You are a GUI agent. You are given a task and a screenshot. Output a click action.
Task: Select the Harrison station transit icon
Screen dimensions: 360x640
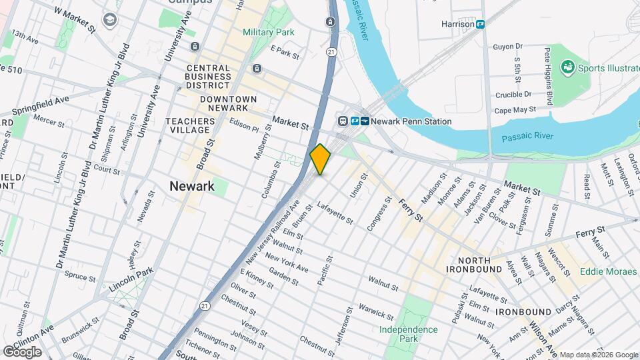point(480,24)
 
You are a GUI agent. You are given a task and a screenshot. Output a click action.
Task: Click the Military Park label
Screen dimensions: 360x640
point(268,32)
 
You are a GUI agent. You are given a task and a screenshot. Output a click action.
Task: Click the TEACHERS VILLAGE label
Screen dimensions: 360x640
point(191,125)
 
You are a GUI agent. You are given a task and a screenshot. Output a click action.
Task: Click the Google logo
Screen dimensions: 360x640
point(22,351)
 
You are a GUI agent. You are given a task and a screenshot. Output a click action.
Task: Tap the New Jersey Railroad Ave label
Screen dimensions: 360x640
point(268,236)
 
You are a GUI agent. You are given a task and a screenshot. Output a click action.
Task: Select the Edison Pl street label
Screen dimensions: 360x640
point(245,127)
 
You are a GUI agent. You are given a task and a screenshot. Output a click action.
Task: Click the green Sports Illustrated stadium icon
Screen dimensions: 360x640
point(567,67)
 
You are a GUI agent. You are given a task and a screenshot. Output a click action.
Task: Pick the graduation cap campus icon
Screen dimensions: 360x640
point(107,21)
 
